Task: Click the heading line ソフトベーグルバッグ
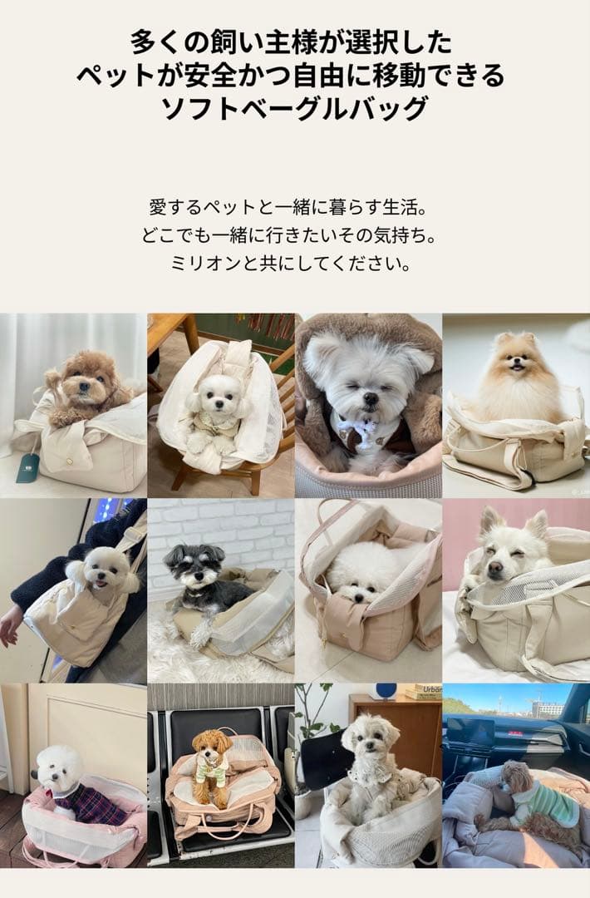[295, 107]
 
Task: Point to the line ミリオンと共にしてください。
[295, 264]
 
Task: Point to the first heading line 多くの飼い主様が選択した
[295, 42]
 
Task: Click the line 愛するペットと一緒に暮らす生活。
[295, 205]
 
